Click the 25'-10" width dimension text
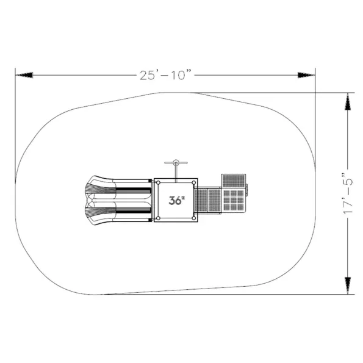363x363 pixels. (x=166, y=75)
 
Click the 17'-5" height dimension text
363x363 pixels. (x=348, y=193)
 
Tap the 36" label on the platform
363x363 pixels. (x=177, y=201)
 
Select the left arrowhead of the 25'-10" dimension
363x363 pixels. (x=24, y=75)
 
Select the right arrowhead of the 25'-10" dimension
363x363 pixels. (x=306, y=75)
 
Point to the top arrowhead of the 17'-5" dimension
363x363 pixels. (x=348, y=101)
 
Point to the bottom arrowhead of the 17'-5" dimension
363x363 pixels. (x=348, y=286)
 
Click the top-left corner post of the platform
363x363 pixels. (x=158, y=182)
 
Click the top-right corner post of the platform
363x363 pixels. (x=194, y=182)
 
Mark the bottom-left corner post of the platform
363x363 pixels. (x=158, y=218)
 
